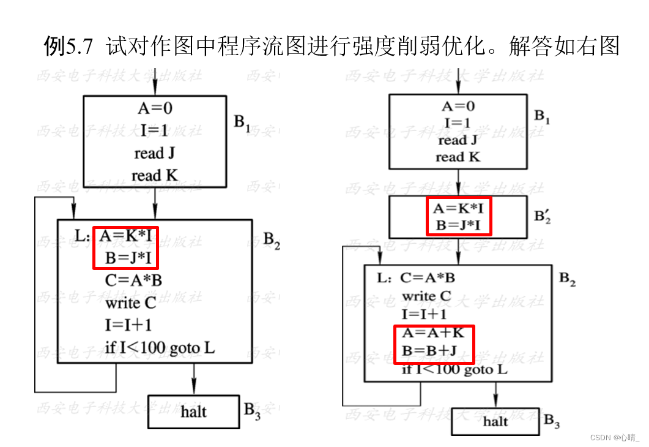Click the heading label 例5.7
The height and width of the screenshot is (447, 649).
pyautogui.click(x=69, y=47)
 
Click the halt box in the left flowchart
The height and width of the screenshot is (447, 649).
pyautogui.click(x=193, y=411)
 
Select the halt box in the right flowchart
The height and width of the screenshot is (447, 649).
pyautogui.click(x=495, y=421)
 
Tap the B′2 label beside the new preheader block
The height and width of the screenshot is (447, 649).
pyautogui.click(x=542, y=217)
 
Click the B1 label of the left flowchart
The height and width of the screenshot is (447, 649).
pyautogui.click(x=242, y=123)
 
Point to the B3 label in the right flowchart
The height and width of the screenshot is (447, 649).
pyautogui.click(x=552, y=421)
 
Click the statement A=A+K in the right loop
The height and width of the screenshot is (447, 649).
pyautogui.click(x=434, y=333)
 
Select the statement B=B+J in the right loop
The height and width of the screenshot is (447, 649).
pyautogui.click(x=434, y=351)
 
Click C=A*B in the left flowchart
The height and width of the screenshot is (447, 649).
pyautogui.click(x=133, y=280)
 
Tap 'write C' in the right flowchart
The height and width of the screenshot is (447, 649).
pyautogui.click(x=426, y=296)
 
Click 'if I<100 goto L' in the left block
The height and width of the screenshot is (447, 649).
pyautogui.click(x=160, y=348)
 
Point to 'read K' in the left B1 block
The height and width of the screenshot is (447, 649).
pyautogui.click(x=155, y=176)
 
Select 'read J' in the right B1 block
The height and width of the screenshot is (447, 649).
pyautogui.click(x=458, y=140)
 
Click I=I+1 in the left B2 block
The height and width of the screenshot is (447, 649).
pyautogui.click(x=128, y=325)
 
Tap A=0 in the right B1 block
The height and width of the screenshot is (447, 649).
pyautogui.click(x=458, y=106)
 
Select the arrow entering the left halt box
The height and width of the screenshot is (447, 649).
pyautogui.click(x=194, y=380)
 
